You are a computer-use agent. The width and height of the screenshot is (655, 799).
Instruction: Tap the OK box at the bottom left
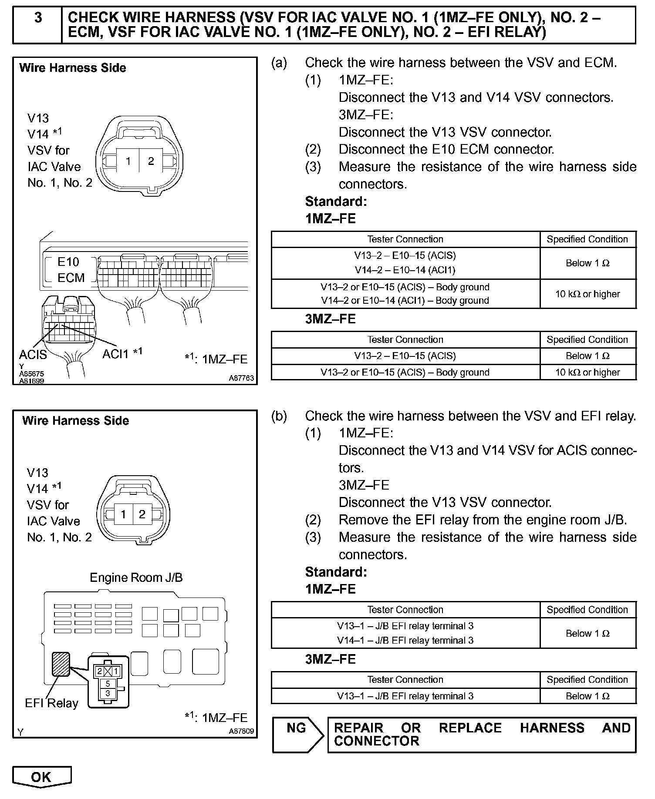point(41,777)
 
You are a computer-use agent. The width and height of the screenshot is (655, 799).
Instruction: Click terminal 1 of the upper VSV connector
point(128,161)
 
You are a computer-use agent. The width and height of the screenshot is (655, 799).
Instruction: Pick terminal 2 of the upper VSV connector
point(151,161)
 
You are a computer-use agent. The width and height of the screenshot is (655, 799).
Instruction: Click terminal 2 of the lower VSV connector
point(142,514)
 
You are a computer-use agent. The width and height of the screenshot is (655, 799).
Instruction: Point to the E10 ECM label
point(70,270)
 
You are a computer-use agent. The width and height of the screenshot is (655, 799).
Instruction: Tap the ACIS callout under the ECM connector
point(33,355)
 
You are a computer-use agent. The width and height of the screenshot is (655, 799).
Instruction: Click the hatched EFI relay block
point(61,664)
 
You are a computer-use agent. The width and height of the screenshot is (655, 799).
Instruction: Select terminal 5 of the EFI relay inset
point(108,684)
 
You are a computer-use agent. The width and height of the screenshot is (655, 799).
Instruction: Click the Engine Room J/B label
point(136,577)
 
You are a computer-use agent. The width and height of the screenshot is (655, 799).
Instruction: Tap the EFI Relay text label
point(51,703)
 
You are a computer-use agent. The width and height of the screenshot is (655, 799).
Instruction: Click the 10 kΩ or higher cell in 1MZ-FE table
point(587,294)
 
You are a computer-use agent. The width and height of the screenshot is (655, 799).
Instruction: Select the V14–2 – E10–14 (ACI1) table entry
point(405,270)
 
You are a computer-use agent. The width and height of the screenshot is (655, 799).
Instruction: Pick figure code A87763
point(241,379)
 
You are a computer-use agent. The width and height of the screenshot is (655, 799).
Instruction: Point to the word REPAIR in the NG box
point(359,728)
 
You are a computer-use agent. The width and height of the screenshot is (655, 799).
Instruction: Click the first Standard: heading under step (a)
point(336,201)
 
